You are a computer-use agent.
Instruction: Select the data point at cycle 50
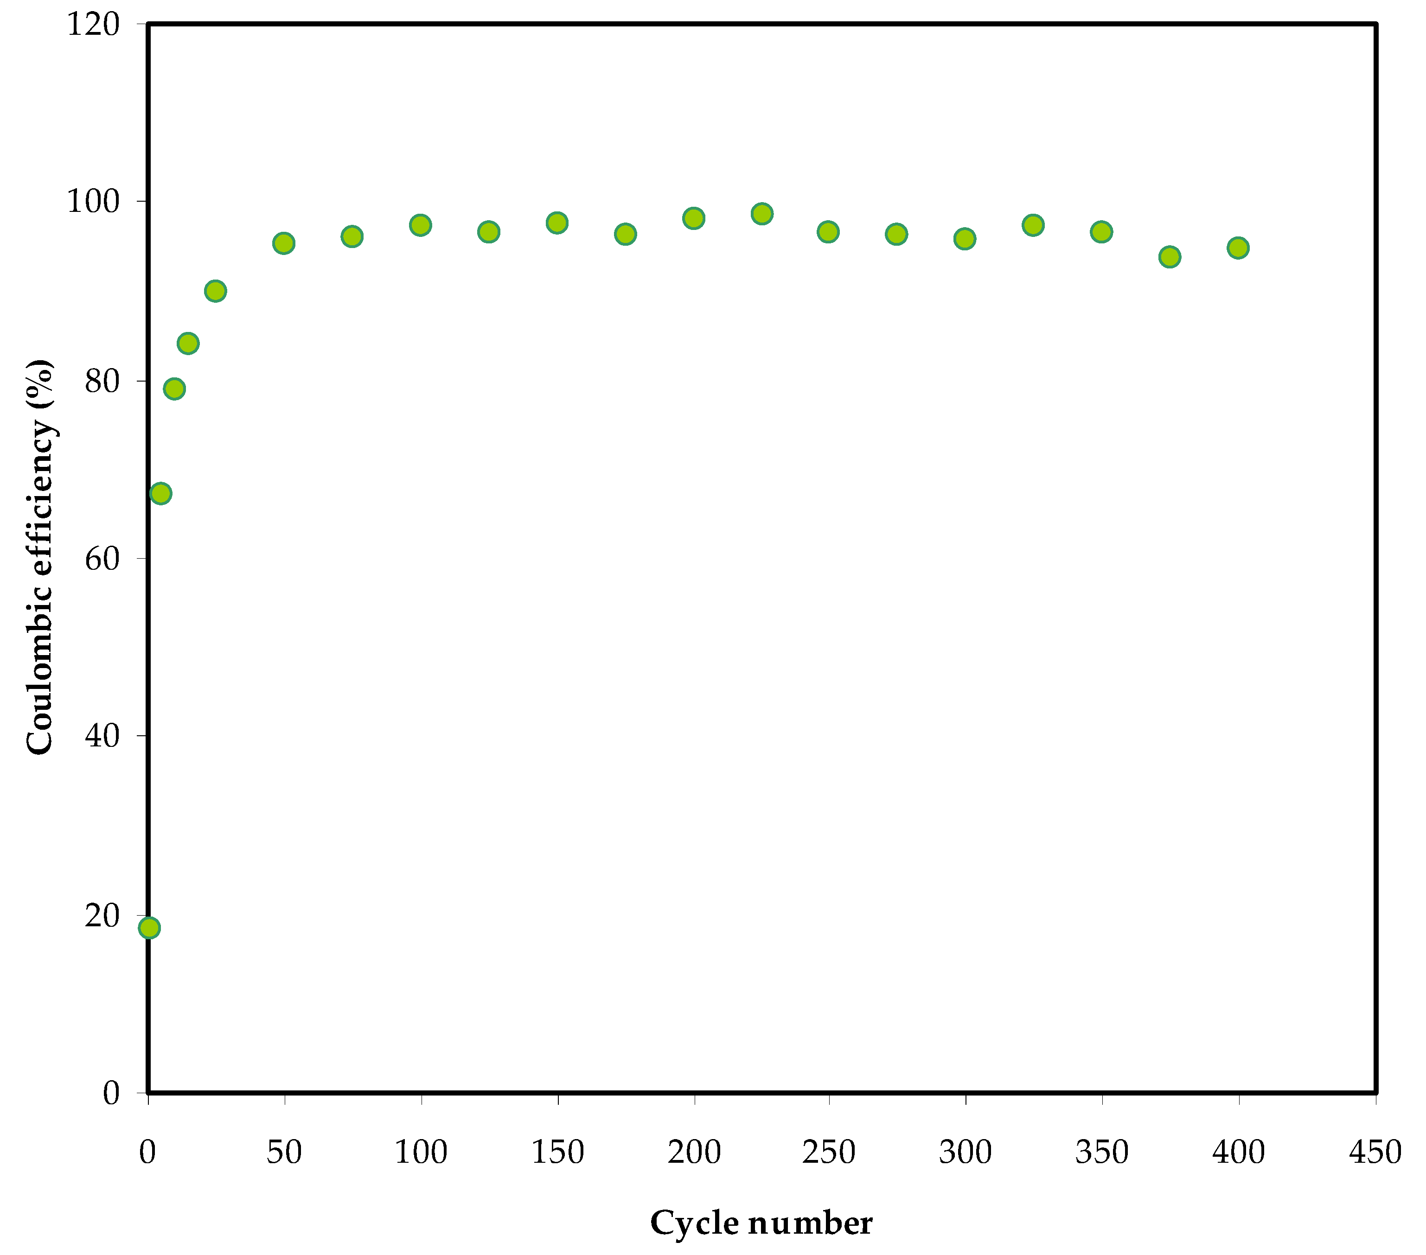coord(283,243)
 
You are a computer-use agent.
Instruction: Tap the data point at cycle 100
coord(420,225)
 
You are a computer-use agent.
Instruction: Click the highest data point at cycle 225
coord(762,213)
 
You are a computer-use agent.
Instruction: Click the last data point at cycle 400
coord(1238,248)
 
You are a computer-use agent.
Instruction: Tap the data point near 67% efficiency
coord(160,493)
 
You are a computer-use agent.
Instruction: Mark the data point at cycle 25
coord(216,291)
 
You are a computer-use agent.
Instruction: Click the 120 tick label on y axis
coord(93,25)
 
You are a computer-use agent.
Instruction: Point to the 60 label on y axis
coord(102,558)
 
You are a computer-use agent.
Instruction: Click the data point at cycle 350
coord(1101,232)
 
